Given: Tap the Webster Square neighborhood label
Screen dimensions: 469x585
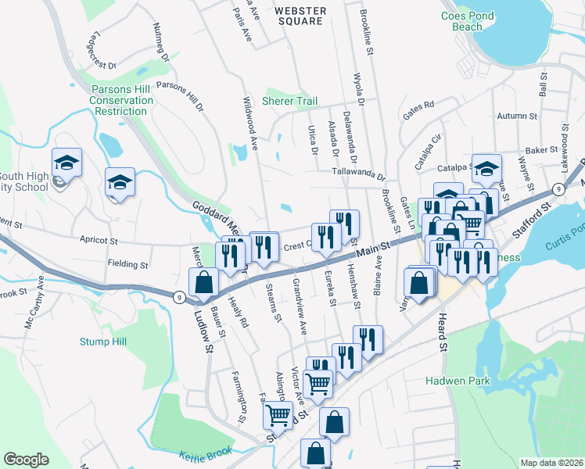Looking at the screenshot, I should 300,16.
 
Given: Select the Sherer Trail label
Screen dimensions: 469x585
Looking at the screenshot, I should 290,102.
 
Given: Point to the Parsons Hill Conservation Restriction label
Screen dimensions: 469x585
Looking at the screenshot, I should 121,100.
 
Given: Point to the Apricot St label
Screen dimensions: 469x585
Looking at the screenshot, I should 97,241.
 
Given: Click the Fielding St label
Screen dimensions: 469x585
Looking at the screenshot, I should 127,265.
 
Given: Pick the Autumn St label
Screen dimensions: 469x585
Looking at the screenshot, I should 517,116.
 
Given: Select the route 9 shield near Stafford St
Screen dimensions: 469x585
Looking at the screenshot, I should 558,190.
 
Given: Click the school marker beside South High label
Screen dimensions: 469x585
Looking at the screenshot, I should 66,163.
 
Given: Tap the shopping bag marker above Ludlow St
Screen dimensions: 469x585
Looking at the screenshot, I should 203,282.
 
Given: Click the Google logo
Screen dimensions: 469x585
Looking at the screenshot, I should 26,460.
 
